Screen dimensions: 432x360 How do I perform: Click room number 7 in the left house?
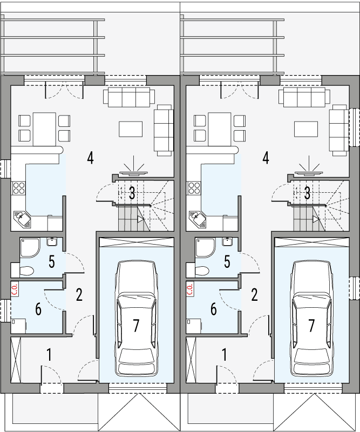click(x=136, y=326)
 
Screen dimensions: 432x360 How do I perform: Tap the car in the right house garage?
click(x=311, y=319)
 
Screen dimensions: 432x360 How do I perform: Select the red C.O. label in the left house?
click(x=15, y=289)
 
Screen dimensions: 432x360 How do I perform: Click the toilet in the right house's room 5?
click(x=202, y=269)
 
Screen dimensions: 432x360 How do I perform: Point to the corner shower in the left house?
click(x=28, y=247)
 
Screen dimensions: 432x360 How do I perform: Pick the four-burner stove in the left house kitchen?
click(x=19, y=188)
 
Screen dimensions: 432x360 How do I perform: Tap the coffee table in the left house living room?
click(x=131, y=129)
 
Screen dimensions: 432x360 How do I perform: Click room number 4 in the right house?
click(x=266, y=158)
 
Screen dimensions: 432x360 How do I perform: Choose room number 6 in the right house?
click(x=214, y=309)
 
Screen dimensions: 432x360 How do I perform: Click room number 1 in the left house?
click(x=50, y=355)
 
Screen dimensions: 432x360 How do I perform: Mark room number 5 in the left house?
click(x=51, y=261)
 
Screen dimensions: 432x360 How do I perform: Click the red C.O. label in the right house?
click(x=191, y=289)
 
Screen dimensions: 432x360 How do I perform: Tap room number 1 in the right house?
click(x=225, y=355)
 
